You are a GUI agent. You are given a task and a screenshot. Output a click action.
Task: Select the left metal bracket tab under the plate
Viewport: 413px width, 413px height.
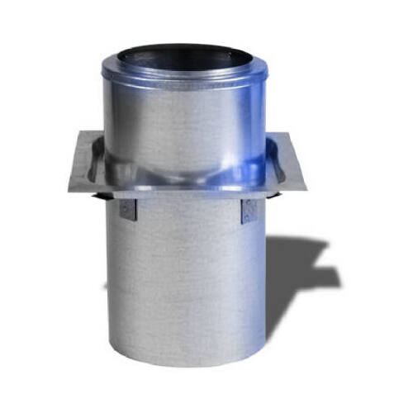coord(126,208)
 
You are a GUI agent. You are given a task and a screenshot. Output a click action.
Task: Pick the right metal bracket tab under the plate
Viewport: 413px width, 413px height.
coord(249,211)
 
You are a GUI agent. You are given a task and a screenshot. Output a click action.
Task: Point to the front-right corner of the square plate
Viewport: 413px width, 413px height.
coord(306,190)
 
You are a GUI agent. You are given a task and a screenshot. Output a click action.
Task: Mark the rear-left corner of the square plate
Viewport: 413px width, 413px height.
coord(82,131)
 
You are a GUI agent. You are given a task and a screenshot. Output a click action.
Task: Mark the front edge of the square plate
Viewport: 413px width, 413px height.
coord(186,195)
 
